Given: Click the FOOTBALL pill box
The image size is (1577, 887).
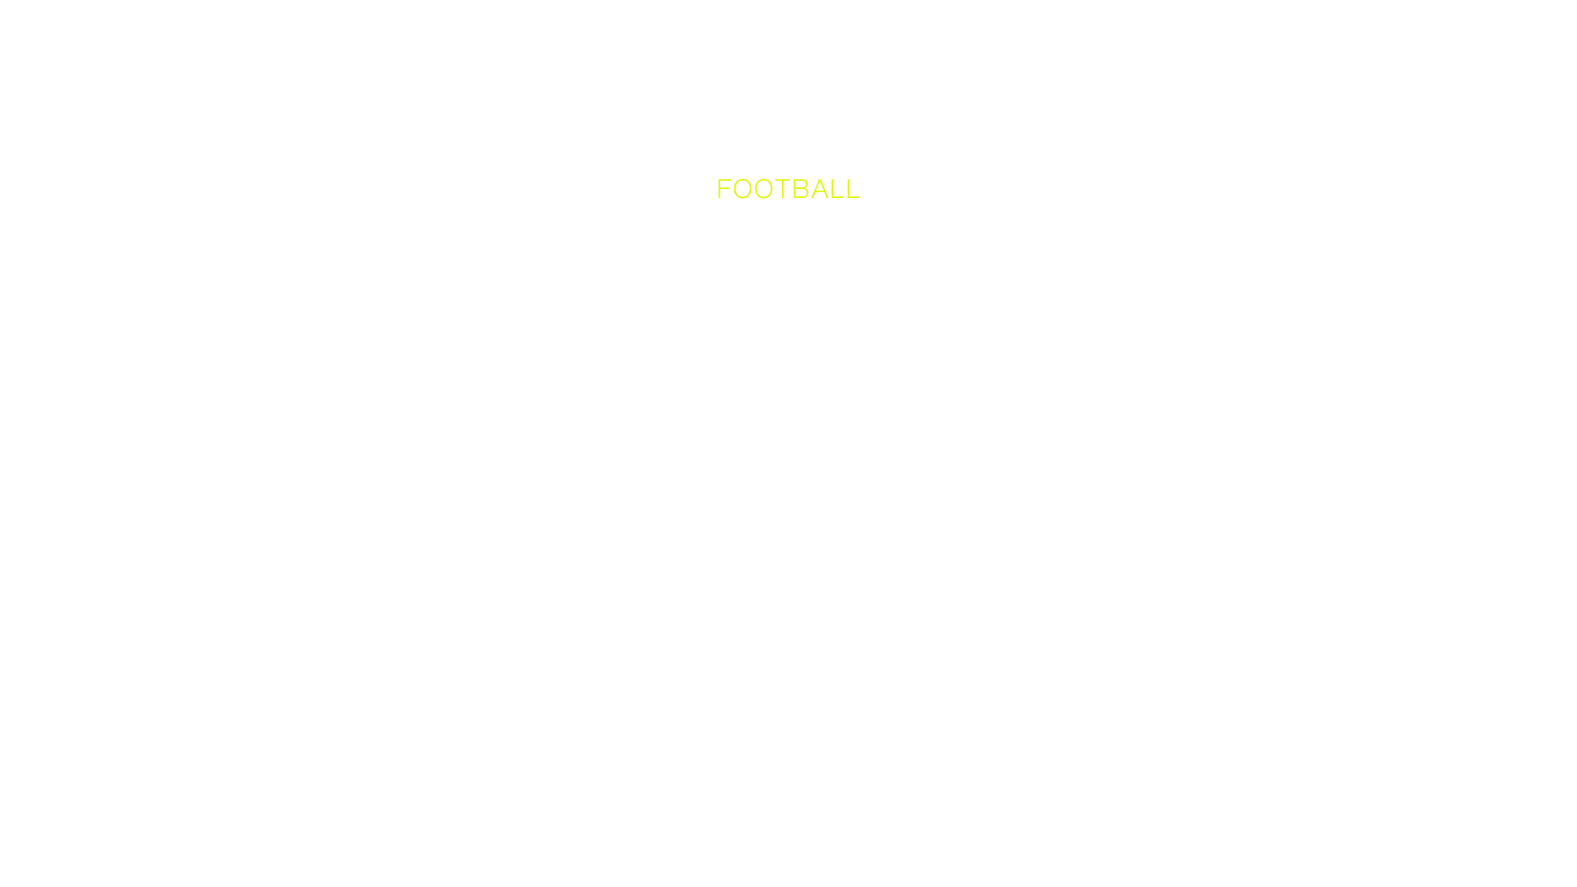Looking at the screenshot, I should (788, 188).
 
